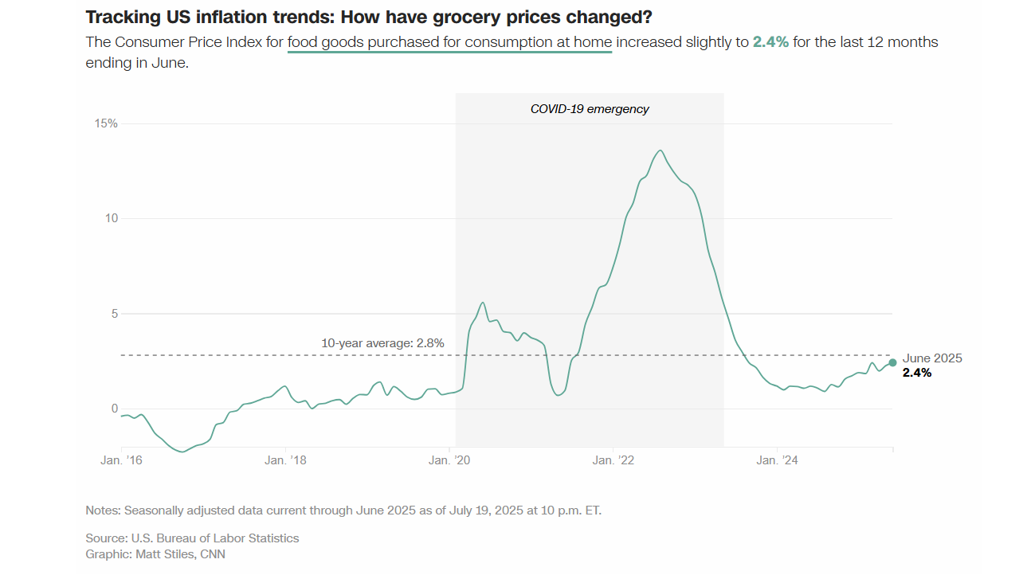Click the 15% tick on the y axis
point(107,123)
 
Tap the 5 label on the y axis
point(113,314)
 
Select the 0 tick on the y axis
point(113,409)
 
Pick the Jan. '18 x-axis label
point(286,460)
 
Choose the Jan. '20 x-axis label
point(450,460)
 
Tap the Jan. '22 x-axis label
point(614,460)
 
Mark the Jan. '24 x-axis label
point(778,460)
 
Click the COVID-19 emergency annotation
point(590,109)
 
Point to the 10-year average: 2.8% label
point(382,343)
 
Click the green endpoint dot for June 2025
point(892,362)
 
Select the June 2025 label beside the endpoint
point(932,358)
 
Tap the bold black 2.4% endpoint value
point(917,372)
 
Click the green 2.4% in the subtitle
point(770,42)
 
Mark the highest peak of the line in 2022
point(660,151)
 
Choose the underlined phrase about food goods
point(449,42)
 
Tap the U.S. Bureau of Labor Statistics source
point(214,538)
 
